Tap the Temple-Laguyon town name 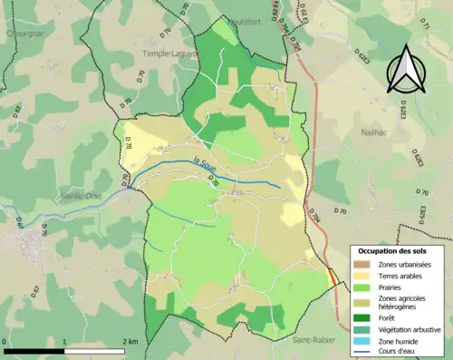[169, 54]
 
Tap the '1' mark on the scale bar [65, 343]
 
